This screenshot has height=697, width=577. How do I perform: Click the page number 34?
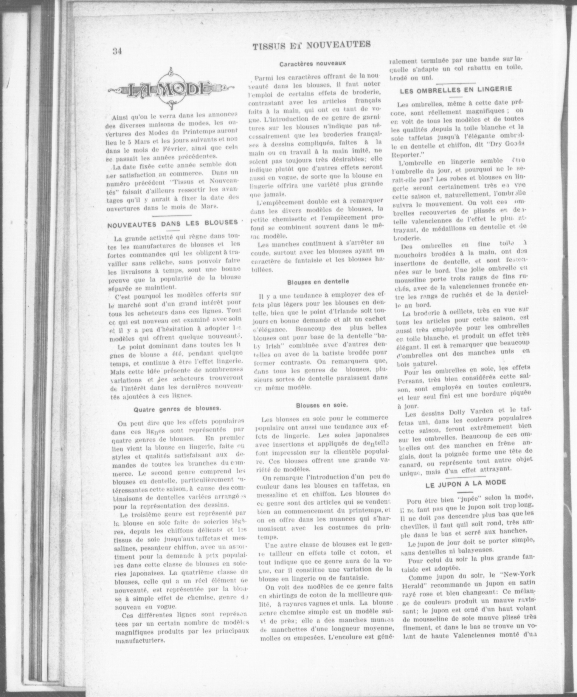pos(117,51)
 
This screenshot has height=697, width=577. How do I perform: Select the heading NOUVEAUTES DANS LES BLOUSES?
pos(173,223)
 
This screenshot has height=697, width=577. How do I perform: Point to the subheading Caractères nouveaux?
pos(312,63)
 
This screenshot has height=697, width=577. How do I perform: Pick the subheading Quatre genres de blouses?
pos(177,409)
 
